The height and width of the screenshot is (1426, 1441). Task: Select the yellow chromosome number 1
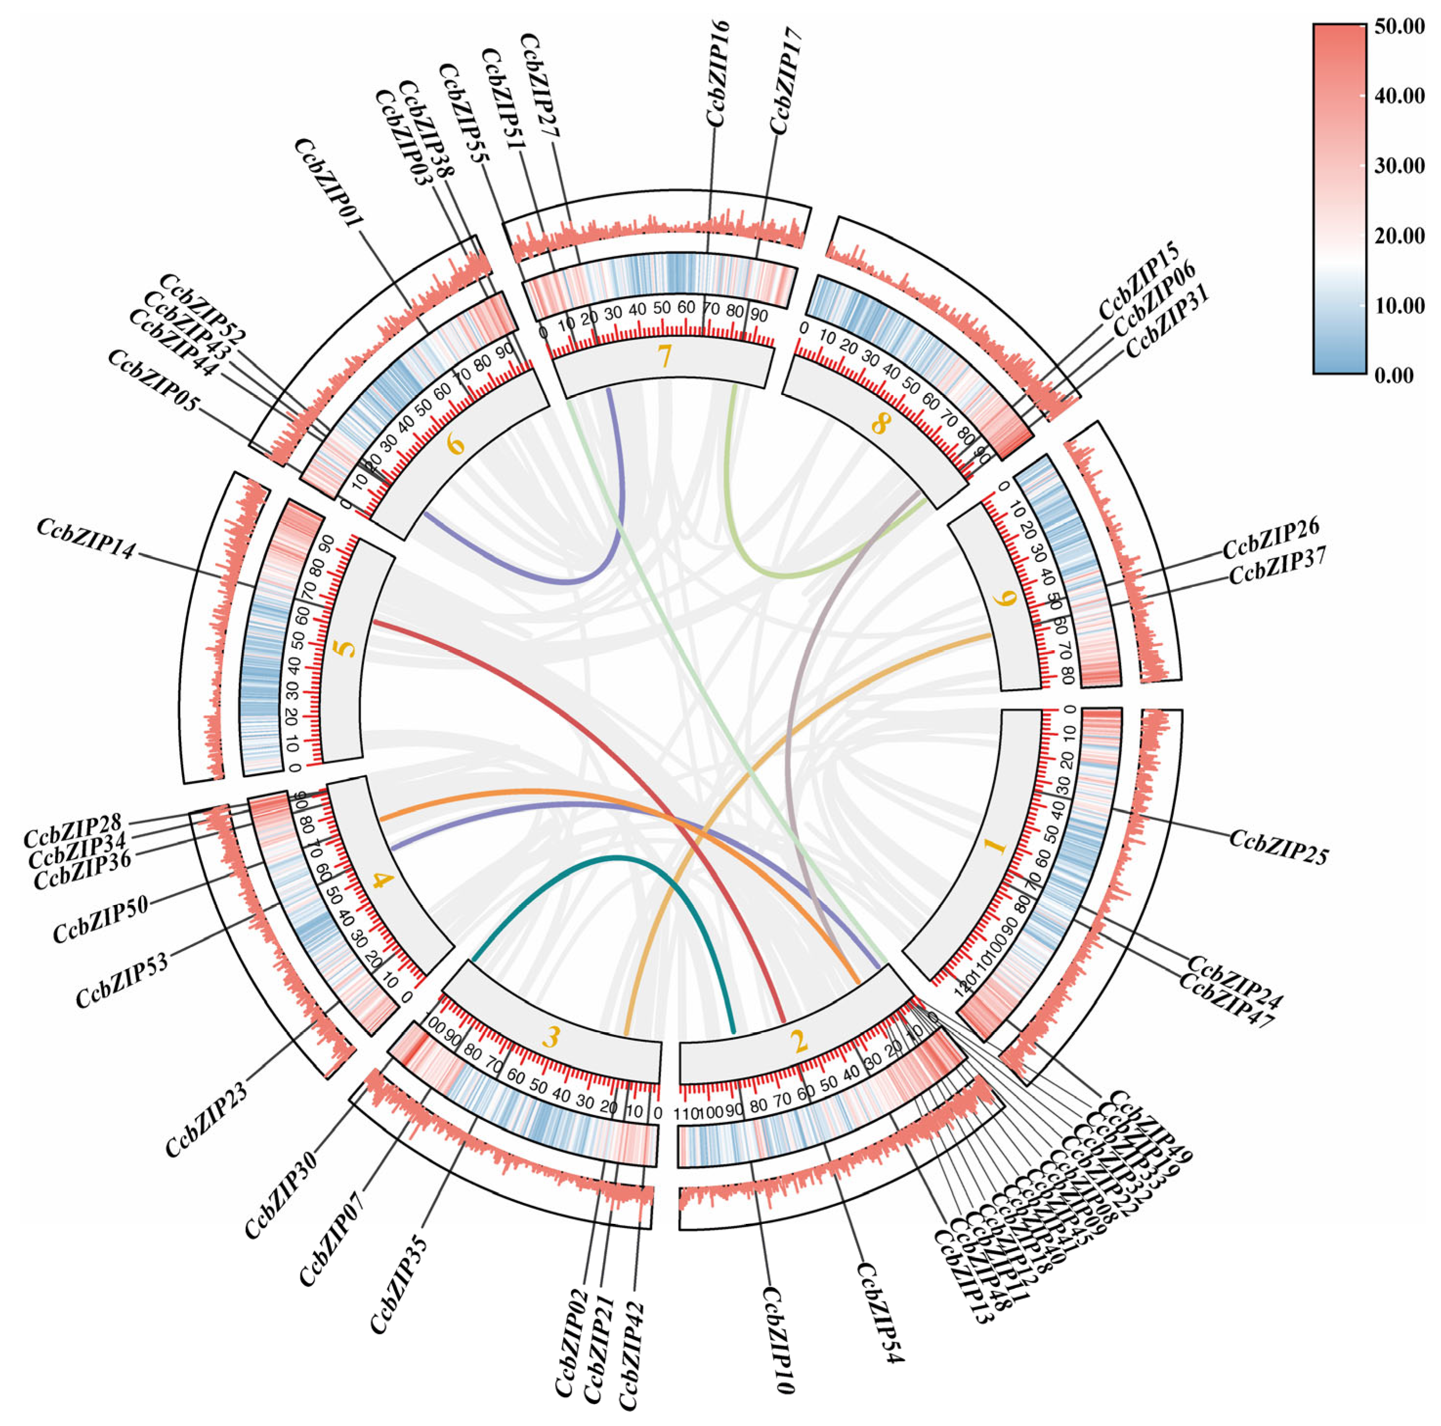996,845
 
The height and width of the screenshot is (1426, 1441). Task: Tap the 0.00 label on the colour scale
1394,375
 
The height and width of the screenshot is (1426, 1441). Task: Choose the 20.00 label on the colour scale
1399,236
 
